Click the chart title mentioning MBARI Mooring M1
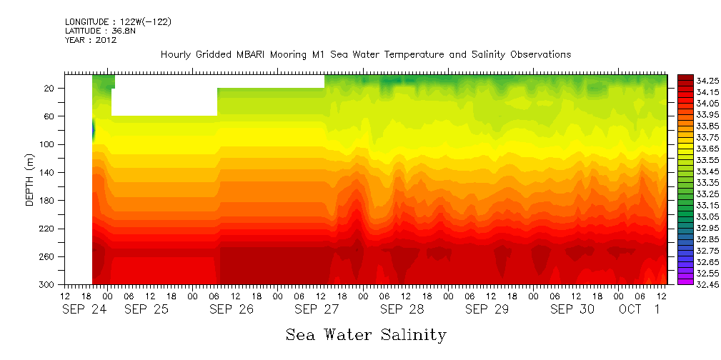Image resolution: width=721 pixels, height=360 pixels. point(365,54)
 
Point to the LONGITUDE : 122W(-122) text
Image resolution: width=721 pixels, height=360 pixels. point(118,22)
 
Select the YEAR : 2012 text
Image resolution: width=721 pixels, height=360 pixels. point(90,40)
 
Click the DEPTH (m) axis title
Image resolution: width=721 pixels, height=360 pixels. point(30,182)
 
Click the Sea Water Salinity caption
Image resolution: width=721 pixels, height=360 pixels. point(366,334)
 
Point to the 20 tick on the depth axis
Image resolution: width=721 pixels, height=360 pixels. point(51,89)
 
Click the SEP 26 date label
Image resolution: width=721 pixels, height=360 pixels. point(228,309)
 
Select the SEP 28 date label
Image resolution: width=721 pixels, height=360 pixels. point(398,309)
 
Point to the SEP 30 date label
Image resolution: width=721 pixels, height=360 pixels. point(568,309)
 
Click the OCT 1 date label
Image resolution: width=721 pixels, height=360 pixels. point(640,309)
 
